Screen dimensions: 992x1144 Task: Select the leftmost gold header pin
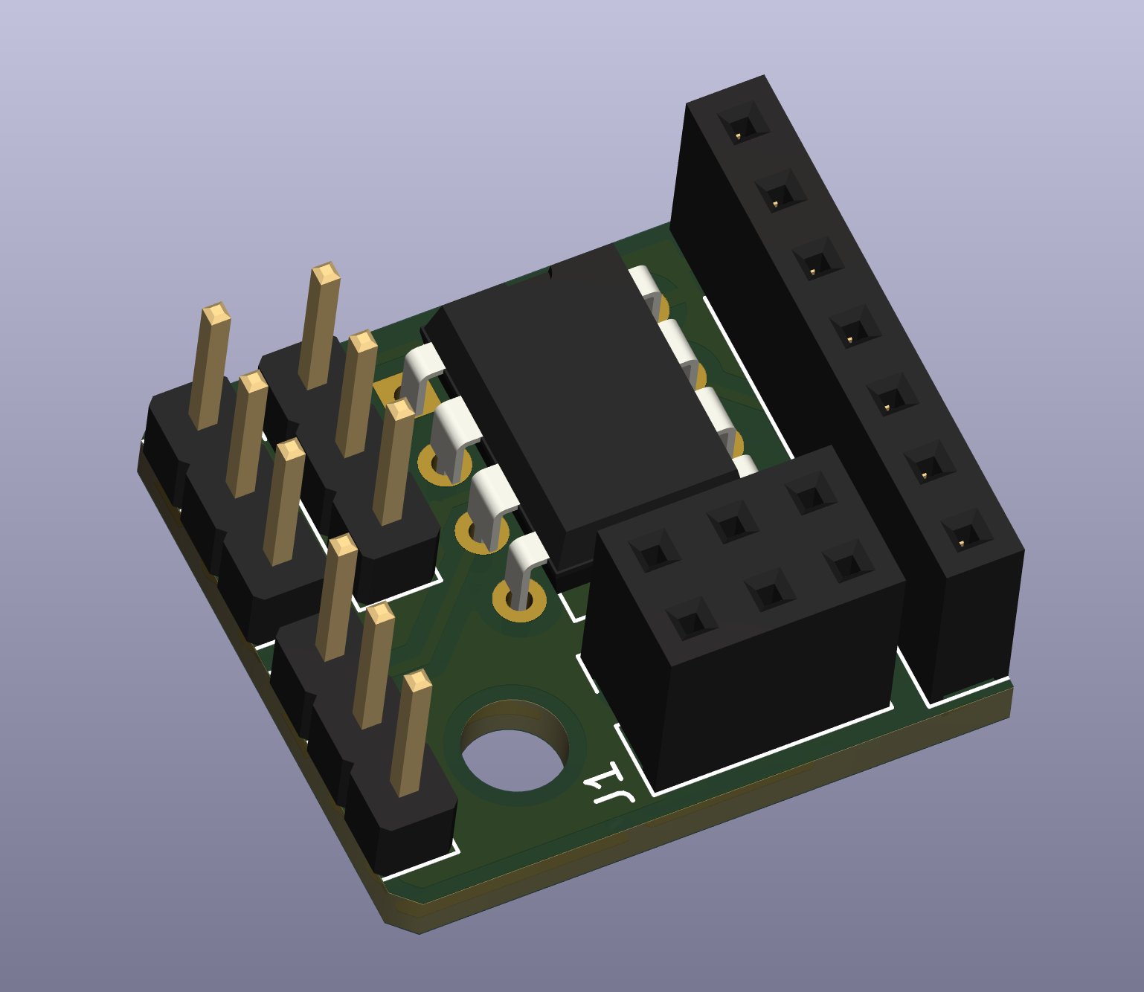pos(209,364)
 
